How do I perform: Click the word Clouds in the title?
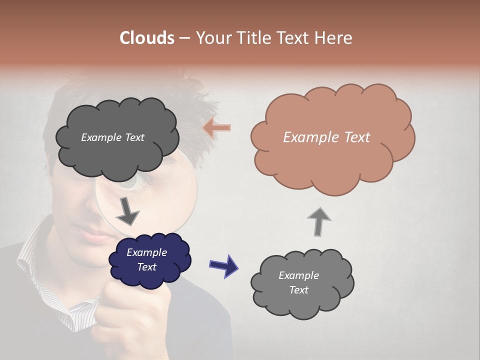point(147,38)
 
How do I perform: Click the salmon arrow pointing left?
point(217,128)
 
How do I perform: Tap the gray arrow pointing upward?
point(319,221)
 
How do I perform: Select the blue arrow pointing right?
point(223,265)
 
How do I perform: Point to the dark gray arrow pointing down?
point(127,212)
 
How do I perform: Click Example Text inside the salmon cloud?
point(326,137)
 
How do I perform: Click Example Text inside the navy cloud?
point(147,259)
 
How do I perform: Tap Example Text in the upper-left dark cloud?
point(112,137)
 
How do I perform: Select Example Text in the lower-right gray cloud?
point(298,282)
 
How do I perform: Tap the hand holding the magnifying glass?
point(130,315)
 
